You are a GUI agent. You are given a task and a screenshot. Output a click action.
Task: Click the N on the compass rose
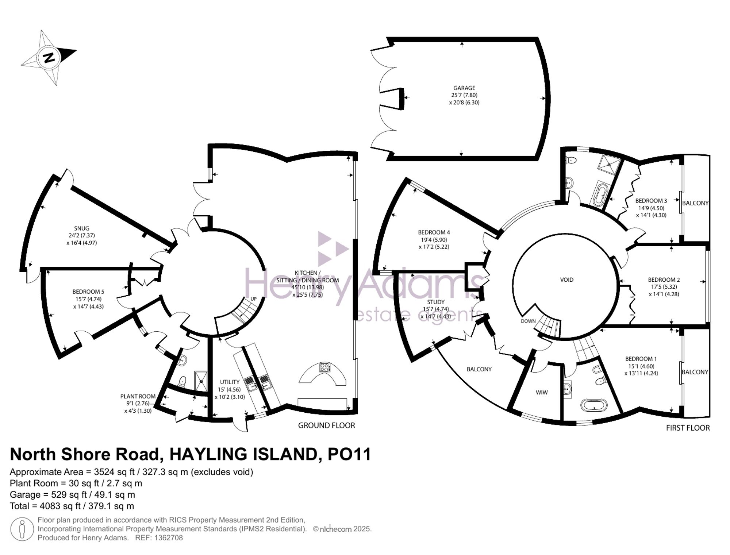pyautogui.click(x=49, y=58)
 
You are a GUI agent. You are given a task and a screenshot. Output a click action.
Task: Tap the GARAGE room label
pyautogui.click(x=464, y=88)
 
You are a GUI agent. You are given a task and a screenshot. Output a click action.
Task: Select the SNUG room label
pyautogui.click(x=81, y=228)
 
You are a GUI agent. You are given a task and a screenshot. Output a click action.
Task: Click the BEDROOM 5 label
pyautogui.click(x=88, y=292)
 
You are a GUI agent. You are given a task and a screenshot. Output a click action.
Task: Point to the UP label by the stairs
pyautogui.click(x=253, y=299)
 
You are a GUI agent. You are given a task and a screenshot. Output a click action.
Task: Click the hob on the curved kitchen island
pyautogui.click(x=324, y=367)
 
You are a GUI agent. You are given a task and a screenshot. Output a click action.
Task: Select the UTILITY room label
pyautogui.click(x=230, y=382)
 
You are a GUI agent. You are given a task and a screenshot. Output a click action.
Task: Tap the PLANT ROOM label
pyautogui.click(x=138, y=396)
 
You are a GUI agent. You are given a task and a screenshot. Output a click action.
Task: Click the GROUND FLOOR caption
pyautogui.click(x=326, y=425)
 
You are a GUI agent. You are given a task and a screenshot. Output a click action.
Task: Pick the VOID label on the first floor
pyautogui.click(x=566, y=280)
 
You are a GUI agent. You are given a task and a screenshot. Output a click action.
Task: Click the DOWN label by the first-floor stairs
pyautogui.click(x=528, y=321)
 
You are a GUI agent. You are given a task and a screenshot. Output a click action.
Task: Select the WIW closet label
pyautogui.click(x=542, y=393)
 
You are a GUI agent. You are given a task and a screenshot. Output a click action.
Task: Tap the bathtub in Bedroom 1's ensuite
pyautogui.click(x=594, y=405)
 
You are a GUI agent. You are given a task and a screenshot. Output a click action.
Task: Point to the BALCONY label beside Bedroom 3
pyautogui.click(x=695, y=203)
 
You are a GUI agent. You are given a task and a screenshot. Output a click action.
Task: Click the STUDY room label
pyautogui.click(x=435, y=302)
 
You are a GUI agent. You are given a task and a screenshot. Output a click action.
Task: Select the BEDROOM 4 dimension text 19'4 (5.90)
pyautogui.click(x=434, y=240)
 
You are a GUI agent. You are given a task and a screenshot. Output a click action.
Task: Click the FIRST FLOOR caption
pyautogui.click(x=688, y=428)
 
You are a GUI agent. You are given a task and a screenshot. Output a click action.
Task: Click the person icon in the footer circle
pyautogui.click(x=22, y=529)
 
